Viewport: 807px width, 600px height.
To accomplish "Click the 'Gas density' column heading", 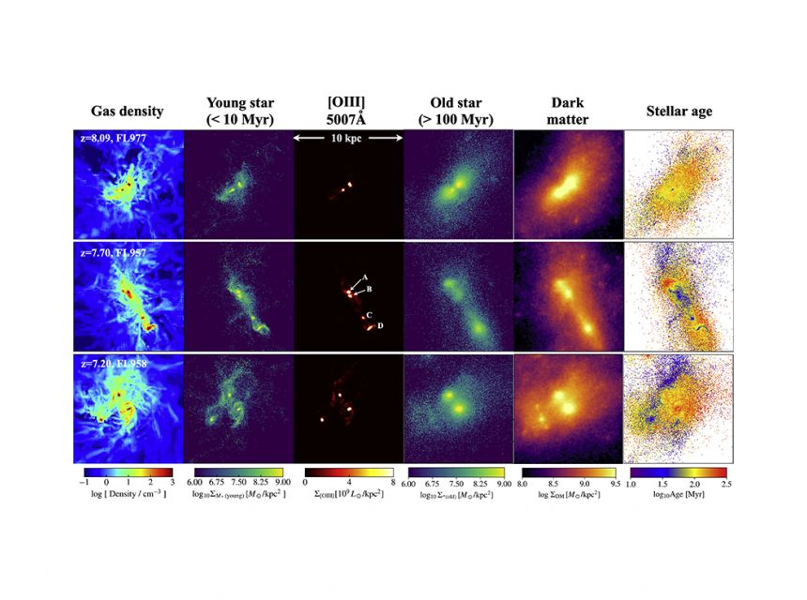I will pos(128,112).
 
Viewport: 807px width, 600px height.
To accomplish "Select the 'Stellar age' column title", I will pos(678,112).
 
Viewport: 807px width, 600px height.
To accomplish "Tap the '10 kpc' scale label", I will pos(348,137).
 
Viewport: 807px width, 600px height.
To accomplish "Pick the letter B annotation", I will pos(370,290).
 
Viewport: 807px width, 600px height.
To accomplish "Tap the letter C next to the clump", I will pos(370,314).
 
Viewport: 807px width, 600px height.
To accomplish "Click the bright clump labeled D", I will pos(370,328).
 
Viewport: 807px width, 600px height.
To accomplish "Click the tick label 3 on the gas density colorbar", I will pos(173,483).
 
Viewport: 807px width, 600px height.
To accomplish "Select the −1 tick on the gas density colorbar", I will pos(86,483).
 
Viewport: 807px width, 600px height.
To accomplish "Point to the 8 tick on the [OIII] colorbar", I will pos(393,483).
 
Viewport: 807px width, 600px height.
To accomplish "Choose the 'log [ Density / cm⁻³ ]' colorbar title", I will pos(128,494).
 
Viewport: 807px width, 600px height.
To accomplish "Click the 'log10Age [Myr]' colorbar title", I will pos(678,494).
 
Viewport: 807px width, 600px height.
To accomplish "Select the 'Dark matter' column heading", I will pos(569,112).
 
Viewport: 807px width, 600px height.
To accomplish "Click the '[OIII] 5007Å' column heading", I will pos(348,112).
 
